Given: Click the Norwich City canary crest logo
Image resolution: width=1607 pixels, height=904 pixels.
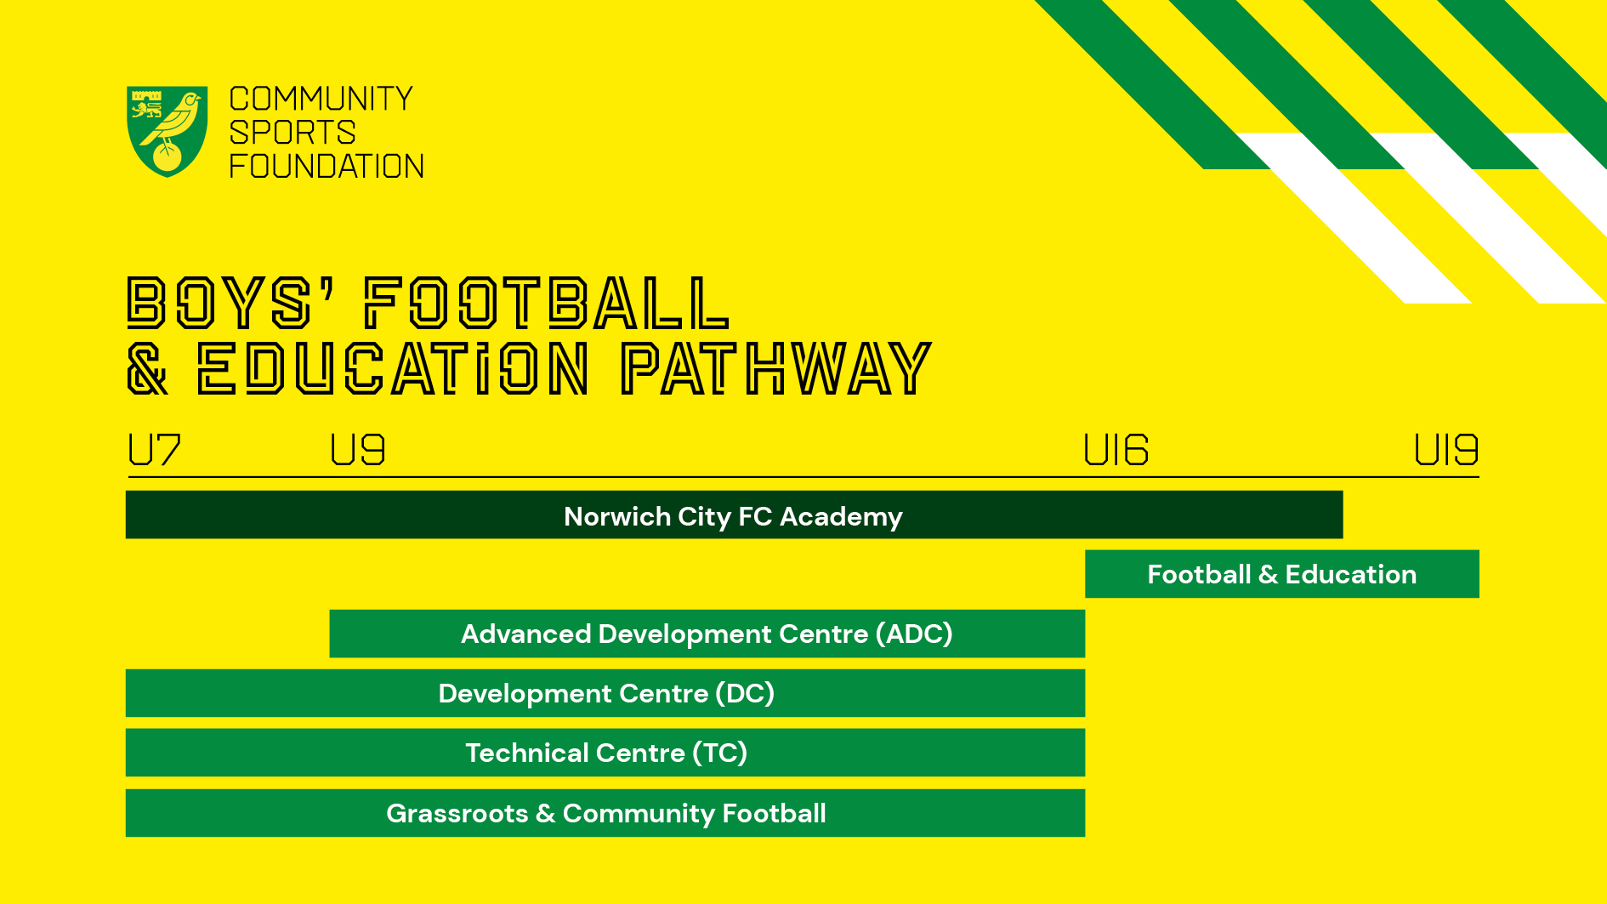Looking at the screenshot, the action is (168, 131).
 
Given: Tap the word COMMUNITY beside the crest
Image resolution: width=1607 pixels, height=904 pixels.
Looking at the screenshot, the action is (321, 99).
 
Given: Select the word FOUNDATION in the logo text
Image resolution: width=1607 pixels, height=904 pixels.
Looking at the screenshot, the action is (327, 166).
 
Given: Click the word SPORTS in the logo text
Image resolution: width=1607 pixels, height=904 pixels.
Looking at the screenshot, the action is (292, 133).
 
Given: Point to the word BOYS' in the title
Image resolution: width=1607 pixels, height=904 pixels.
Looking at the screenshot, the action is (230, 303).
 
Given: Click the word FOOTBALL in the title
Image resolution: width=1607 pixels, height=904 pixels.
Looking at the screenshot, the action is (547, 303).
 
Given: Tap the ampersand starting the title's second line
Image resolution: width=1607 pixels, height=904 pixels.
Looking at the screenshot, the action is (148, 368).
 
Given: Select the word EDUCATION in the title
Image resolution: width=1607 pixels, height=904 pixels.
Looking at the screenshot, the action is (393, 368).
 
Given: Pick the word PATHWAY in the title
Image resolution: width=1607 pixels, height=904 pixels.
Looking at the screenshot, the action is (776, 368).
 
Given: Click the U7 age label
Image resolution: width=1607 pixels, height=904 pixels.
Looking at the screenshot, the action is (154, 450).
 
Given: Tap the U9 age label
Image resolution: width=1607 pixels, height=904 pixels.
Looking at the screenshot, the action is (358, 450).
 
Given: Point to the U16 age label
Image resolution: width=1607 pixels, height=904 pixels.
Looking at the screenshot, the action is (1116, 450).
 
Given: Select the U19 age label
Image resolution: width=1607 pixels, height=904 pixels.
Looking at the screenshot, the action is (1446, 450).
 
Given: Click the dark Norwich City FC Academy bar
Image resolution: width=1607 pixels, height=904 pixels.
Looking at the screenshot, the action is (735, 515).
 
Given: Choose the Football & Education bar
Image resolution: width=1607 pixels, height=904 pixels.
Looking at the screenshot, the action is (1282, 574).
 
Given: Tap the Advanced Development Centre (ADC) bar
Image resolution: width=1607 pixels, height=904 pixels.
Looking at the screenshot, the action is (707, 634).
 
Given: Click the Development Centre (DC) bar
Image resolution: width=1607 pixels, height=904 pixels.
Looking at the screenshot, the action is (605, 693).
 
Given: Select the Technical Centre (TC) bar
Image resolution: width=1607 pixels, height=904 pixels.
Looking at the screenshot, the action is (605, 753).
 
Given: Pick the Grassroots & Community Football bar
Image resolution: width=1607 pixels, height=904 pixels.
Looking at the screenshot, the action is (605, 813).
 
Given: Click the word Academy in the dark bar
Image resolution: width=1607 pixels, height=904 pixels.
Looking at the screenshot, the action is (841, 517).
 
